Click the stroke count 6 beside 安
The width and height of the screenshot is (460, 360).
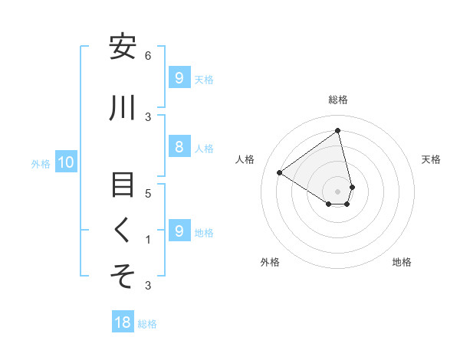148,56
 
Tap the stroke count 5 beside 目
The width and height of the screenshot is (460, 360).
148,193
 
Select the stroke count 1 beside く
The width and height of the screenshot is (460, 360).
148,239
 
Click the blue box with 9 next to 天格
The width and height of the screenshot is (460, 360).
178,78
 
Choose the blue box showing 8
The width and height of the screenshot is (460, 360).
178,147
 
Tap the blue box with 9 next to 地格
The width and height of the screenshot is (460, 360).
178,231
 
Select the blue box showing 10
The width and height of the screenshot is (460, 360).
66,162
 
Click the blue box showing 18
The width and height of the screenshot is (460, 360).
123,322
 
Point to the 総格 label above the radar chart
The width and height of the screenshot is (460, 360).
338,100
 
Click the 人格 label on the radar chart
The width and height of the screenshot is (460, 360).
245,159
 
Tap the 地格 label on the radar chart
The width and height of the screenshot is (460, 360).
402,262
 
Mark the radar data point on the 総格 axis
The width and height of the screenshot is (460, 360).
338,131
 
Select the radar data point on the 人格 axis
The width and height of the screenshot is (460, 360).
279,172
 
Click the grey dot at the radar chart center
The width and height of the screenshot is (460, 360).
338,191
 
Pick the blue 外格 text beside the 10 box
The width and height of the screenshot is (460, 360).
40,163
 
